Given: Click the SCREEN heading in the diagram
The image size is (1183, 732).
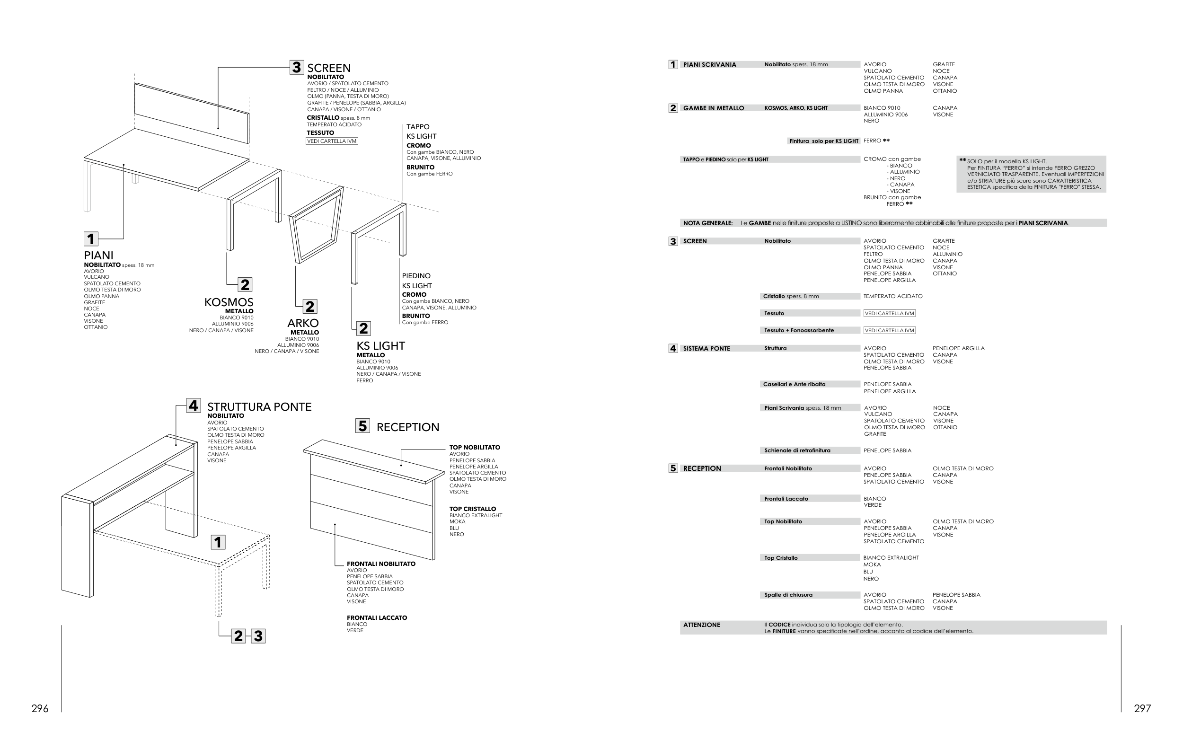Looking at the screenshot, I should tap(329, 68).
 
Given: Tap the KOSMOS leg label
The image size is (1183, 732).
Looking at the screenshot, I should tap(229, 302).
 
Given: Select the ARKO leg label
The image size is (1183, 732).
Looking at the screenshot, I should tap(303, 323).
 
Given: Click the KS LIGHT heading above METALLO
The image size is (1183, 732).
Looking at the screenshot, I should tap(380, 346).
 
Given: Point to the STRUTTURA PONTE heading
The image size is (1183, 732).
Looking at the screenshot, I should tap(259, 406).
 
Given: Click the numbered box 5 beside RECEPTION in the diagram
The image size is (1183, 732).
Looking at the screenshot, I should tap(362, 426).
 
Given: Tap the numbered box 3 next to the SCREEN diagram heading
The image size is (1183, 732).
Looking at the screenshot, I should tap(296, 67).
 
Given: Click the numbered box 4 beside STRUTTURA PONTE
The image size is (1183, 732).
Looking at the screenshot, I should tap(194, 406).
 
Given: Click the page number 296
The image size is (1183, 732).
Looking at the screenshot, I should tap(40, 709).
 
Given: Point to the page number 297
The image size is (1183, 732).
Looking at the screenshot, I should tap(1142, 709).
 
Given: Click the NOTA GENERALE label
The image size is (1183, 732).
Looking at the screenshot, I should tap(707, 223).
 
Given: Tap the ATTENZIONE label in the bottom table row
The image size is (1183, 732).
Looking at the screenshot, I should tap(701, 625).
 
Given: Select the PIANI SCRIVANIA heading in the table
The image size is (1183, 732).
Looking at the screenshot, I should tap(709, 64).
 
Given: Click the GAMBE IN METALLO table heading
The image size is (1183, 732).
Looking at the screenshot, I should tap(713, 108).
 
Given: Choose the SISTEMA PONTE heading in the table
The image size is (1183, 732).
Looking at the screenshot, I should tap(706, 349).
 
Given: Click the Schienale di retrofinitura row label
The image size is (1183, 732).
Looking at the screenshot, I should tap(797, 450).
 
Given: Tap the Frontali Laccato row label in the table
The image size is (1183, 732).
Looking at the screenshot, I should tap(786, 499).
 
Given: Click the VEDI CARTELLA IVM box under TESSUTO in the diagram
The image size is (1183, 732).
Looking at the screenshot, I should tap(332, 141).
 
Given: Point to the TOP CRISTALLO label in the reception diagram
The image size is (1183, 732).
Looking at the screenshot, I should tap(472, 509).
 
